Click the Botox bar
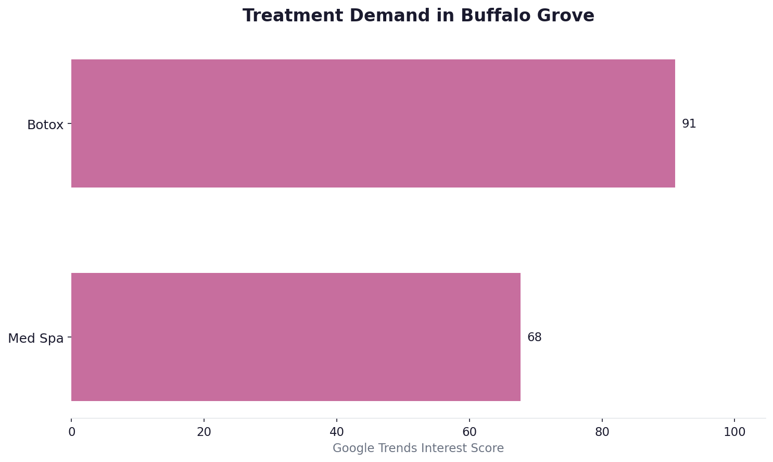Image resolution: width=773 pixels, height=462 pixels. pos(373,123)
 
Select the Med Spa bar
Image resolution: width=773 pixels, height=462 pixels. pos(296,337)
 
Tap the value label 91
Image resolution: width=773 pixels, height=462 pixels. pos(689,124)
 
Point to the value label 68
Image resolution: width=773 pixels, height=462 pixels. pos(534,338)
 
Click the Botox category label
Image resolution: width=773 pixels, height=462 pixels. pos(45,125)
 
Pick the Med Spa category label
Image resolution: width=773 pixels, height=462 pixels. pos(36,339)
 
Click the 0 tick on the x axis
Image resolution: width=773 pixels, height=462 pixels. pos(72,432)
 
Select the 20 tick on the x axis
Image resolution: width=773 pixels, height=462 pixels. pos(204,432)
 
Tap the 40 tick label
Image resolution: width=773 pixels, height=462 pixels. pos(337,432)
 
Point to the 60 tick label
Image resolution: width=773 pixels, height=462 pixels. pos(470,432)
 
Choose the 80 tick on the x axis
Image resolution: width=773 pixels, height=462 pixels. pos(602,432)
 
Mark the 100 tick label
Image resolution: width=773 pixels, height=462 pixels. pos(734,432)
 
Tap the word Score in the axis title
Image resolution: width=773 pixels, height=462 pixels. pos(489,448)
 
